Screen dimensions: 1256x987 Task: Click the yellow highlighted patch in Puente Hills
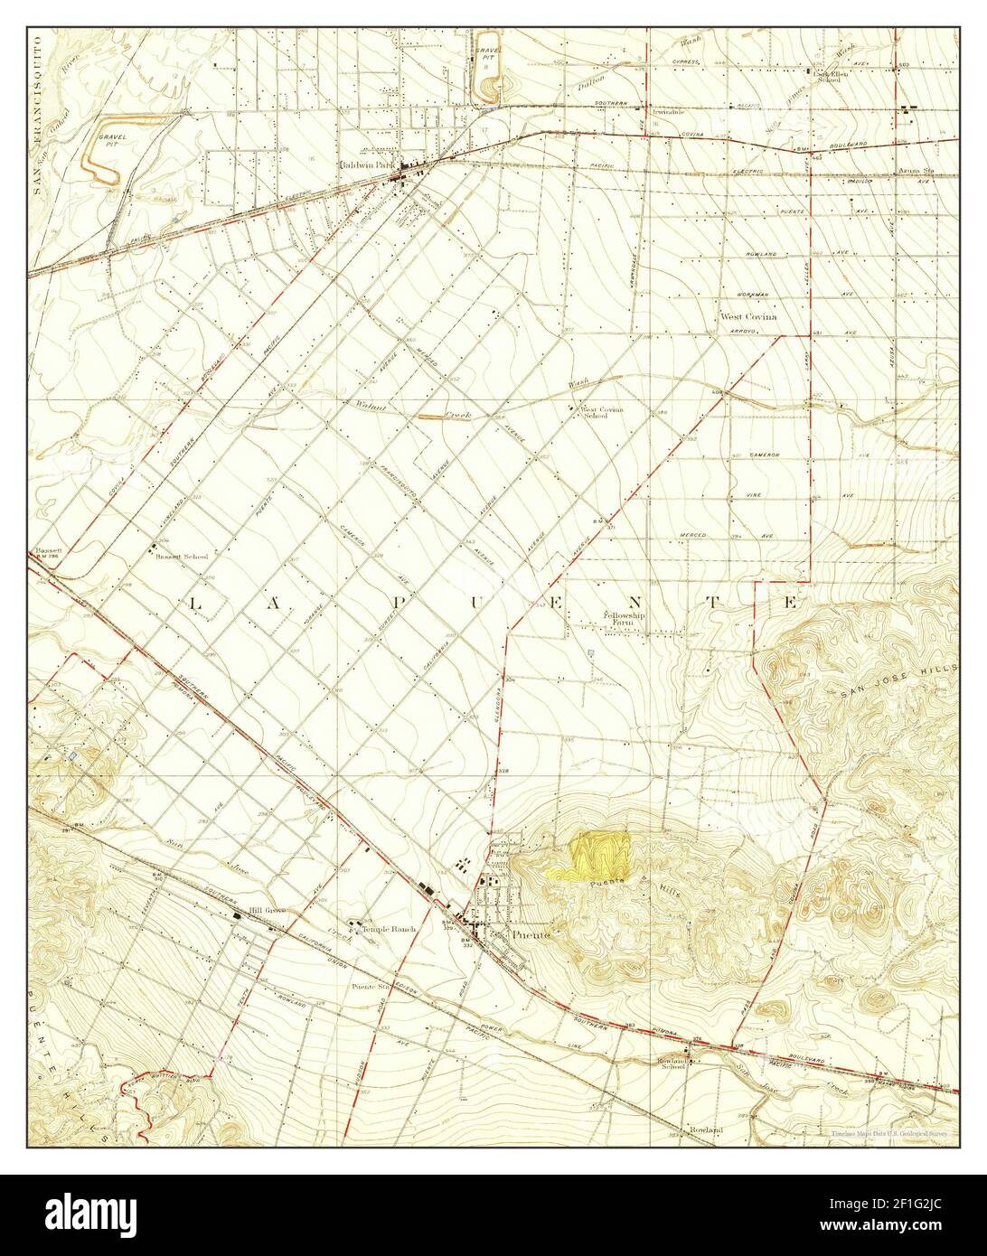tap(592, 853)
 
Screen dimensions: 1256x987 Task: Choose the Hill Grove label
tap(268, 911)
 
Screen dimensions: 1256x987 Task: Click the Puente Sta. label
tap(370, 987)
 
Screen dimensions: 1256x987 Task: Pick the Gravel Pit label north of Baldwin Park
tap(487, 54)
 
